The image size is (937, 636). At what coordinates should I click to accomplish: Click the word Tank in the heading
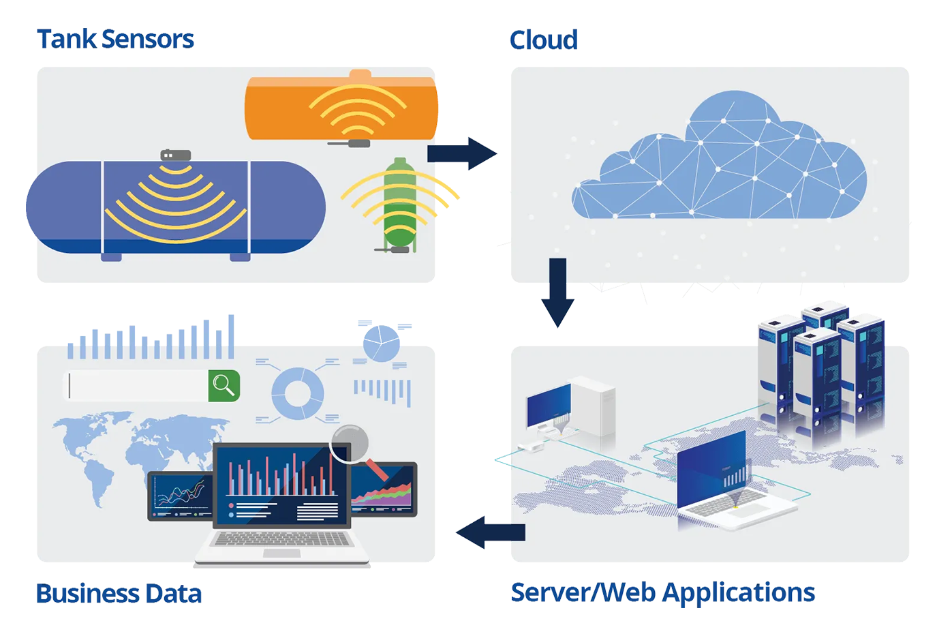(67, 40)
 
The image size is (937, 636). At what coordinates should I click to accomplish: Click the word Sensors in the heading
(148, 40)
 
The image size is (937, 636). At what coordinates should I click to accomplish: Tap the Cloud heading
(543, 40)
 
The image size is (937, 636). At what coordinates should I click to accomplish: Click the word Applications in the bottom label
(739, 593)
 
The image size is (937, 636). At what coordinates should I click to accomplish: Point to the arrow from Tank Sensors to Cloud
(461, 153)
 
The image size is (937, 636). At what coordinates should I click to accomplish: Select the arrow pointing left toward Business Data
(491, 532)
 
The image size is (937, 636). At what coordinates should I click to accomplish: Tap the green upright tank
(400, 205)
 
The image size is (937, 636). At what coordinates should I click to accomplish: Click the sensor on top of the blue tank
(176, 155)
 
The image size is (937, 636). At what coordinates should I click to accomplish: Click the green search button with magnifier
(224, 386)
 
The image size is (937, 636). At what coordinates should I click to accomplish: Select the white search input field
(136, 386)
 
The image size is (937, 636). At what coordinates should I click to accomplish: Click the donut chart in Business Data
(298, 393)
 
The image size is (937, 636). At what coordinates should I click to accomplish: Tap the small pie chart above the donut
(381, 343)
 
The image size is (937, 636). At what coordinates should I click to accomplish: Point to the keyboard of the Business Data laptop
(281, 539)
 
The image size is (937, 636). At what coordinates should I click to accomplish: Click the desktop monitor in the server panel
(549, 406)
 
